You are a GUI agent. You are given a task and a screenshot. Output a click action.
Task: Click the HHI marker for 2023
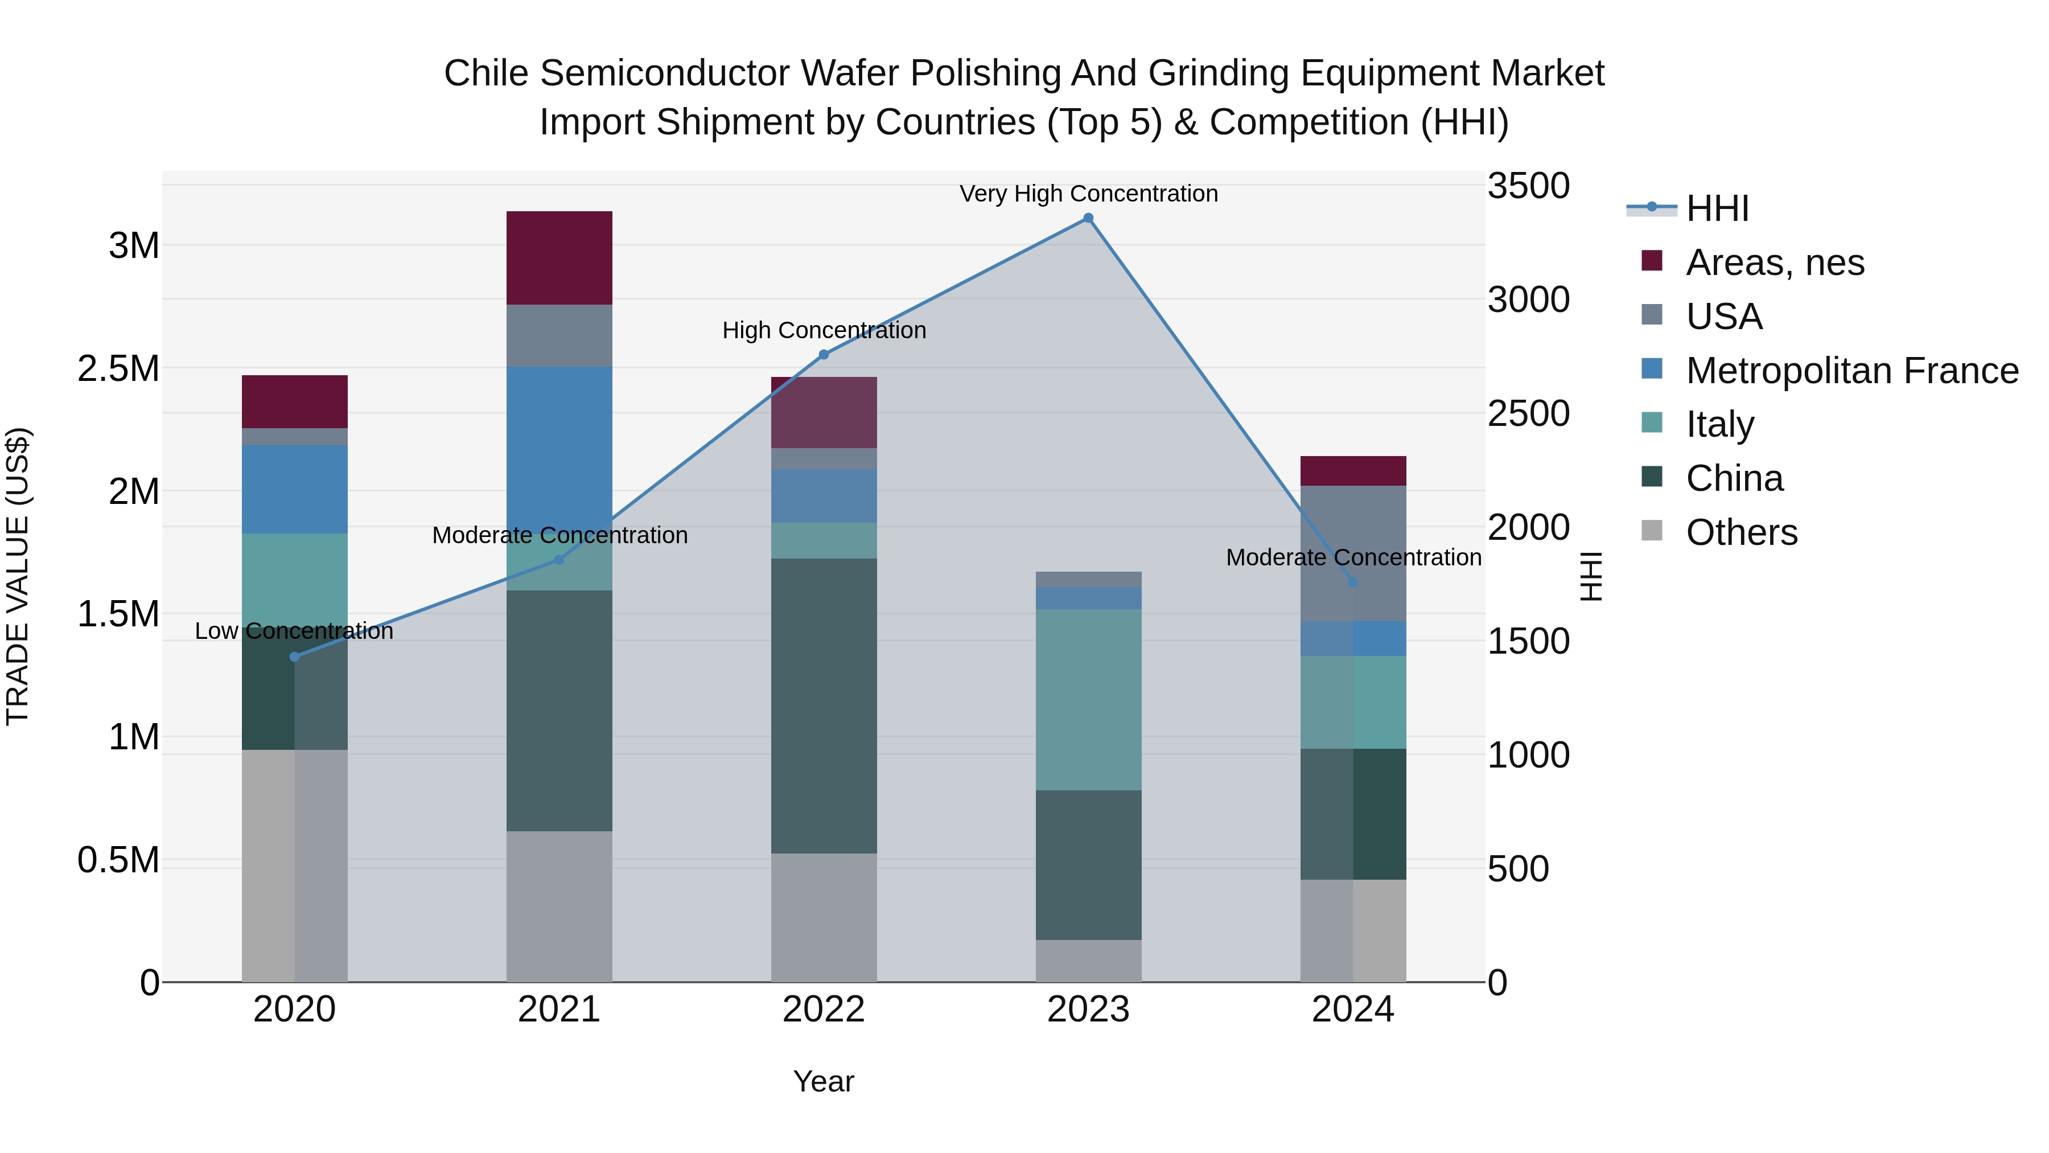click(1088, 218)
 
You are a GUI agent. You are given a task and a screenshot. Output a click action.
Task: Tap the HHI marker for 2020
click(294, 656)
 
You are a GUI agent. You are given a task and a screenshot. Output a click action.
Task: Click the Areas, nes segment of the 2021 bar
click(559, 258)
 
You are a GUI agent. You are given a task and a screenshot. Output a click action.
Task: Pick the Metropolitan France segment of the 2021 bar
click(559, 446)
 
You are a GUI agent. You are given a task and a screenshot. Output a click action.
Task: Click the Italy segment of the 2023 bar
click(1088, 699)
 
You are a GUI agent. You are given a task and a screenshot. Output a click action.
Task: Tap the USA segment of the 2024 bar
click(1353, 553)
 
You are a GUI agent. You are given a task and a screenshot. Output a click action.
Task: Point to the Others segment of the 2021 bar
click(559, 906)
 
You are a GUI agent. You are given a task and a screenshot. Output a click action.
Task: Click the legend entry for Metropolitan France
click(1851, 371)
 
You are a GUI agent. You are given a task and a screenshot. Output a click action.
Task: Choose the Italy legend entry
click(1719, 424)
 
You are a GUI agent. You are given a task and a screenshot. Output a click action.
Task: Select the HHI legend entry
click(1717, 208)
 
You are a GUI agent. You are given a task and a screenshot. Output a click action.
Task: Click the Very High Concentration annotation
click(1088, 194)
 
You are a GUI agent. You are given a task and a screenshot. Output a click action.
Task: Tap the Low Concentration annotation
click(294, 631)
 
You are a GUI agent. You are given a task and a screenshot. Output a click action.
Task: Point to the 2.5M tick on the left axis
click(118, 369)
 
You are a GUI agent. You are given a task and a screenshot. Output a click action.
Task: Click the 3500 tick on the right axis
click(1528, 186)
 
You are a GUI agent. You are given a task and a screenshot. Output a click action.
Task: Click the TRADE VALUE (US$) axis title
click(18, 576)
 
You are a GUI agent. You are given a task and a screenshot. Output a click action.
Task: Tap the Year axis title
click(823, 1081)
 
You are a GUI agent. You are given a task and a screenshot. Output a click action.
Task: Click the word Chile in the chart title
click(485, 73)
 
